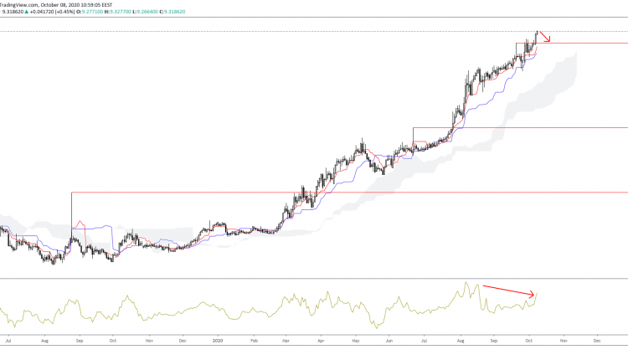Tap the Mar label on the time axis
(286, 341)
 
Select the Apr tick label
(321, 341)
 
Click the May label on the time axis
(355, 341)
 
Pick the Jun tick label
(389, 341)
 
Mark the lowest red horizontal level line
(335, 193)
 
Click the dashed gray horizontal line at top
(251, 31)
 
